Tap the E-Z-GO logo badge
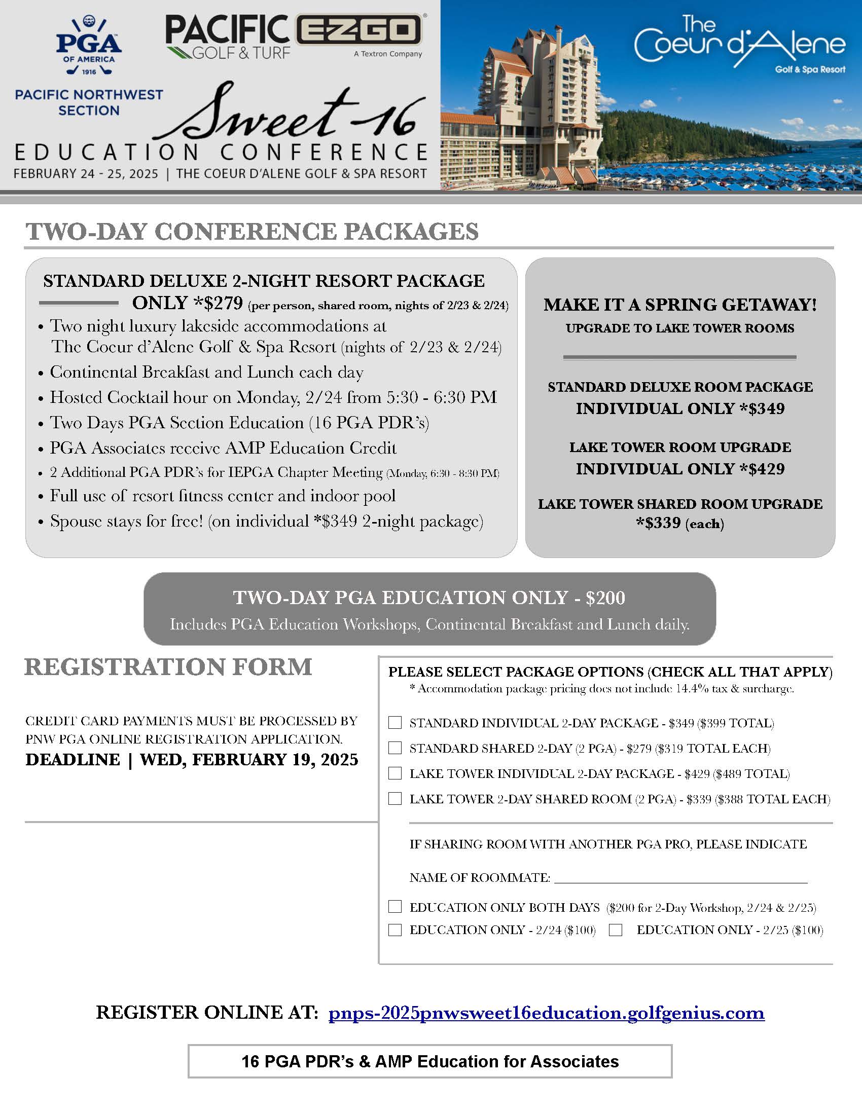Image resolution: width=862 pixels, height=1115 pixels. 360,30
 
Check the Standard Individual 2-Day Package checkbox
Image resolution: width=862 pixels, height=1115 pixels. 394,722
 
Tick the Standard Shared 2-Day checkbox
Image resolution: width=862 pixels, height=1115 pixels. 394,748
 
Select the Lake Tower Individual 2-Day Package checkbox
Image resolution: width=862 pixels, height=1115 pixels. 394,773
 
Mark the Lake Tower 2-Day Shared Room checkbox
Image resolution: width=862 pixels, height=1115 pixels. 394,798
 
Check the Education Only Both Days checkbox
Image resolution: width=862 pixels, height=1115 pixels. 394,906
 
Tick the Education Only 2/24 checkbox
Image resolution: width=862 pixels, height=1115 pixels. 394,930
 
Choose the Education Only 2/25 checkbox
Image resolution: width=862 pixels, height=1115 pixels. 616,930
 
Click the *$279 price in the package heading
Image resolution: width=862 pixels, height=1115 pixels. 218,303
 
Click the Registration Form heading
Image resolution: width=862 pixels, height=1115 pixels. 168,667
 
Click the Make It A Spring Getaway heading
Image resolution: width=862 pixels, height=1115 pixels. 679,305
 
